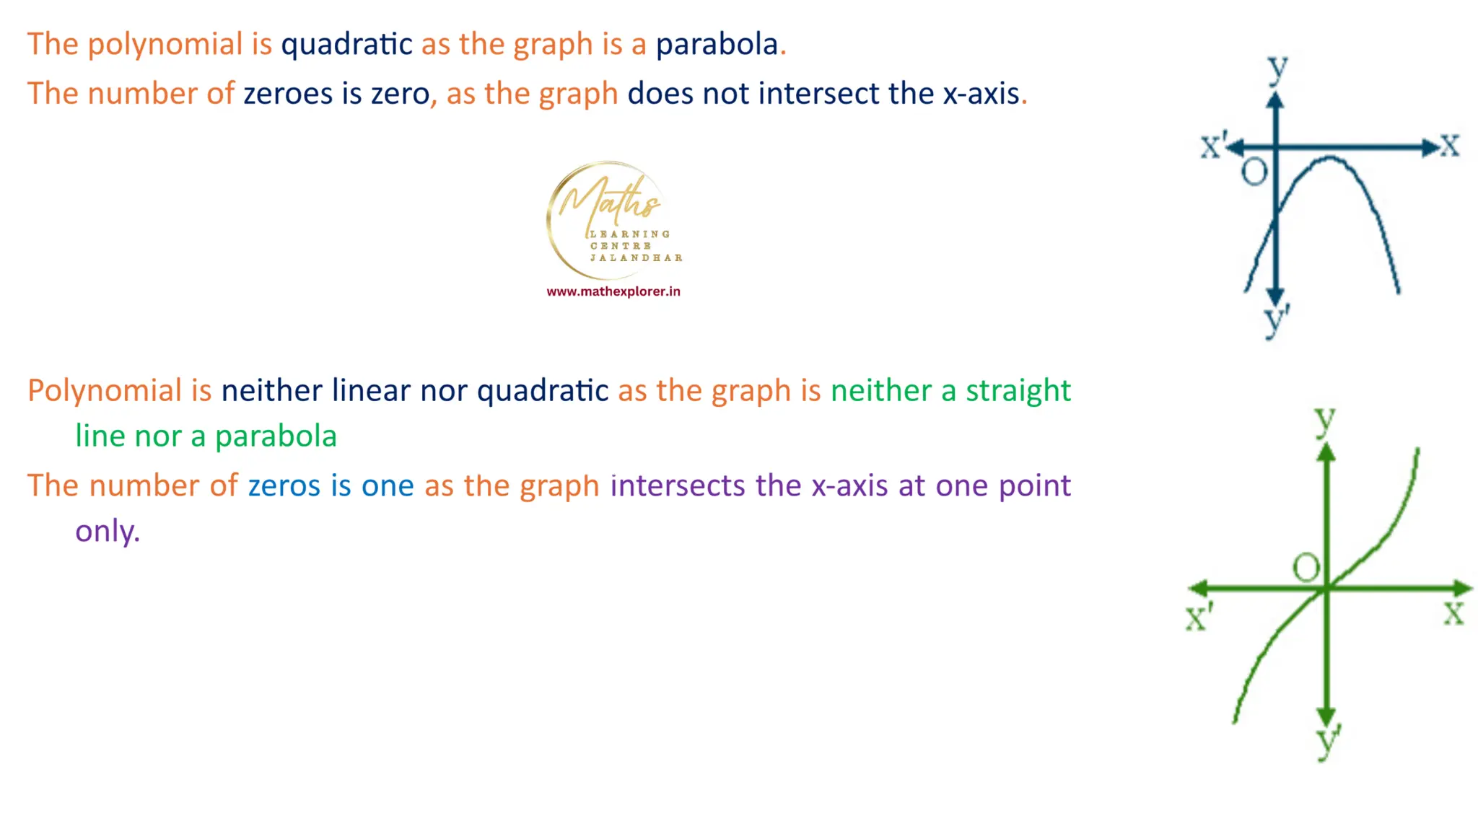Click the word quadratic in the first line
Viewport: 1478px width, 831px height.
(x=346, y=45)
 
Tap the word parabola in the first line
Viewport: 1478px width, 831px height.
(x=717, y=45)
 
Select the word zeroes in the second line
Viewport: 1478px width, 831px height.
(x=287, y=94)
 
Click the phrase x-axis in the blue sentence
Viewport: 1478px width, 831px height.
(x=981, y=94)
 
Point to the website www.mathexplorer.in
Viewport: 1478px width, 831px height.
(x=613, y=291)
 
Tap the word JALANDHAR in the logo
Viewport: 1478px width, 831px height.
(x=636, y=258)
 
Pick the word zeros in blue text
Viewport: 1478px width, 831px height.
(x=284, y=486)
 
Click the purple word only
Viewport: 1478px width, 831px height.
(x=107, y=532)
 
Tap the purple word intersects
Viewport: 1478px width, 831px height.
(x=678, y=486)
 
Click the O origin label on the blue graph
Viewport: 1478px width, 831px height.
(x=1254, y=172)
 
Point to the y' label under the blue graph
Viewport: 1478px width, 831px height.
(x=1276, y=321)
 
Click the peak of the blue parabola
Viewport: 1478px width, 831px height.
(x=1329, y=158)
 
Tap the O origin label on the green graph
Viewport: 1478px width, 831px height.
(x=1306, y=568)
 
